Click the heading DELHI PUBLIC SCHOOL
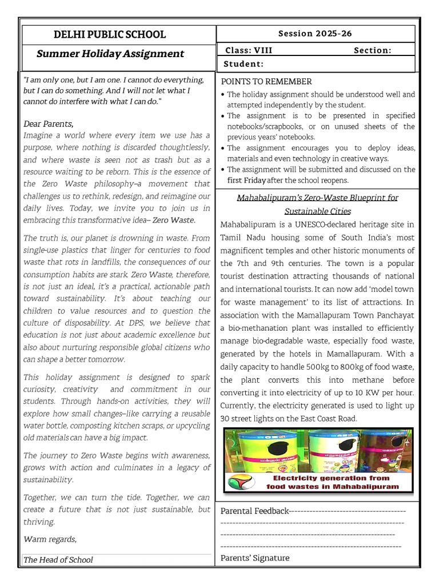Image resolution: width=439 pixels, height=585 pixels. (x=110, y=34)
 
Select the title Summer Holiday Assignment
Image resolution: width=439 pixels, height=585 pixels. (x=110, y=54)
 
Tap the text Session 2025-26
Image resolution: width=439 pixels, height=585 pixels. (x=315, y=34)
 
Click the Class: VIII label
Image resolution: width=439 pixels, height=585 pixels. (x=249, y=50)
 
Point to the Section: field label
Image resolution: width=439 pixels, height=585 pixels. (x=373, y=50)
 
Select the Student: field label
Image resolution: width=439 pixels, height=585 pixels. (x=244, y=64)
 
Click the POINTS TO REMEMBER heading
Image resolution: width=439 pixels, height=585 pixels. (x=266, y=82)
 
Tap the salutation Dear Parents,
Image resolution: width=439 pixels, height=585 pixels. (x=49, y=123)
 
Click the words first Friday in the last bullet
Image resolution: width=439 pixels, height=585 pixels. (x=246, y=180)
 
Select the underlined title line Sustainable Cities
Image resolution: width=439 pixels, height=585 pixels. (x=317, y=211)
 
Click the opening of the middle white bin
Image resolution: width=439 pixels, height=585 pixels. (x=344, y=444)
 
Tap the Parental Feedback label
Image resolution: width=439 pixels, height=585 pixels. (x=254, y=511)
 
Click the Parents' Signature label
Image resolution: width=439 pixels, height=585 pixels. (x=255, y=558)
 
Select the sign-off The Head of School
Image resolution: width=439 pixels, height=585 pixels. (x=58, y=560)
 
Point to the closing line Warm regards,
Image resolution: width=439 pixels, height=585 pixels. (x=50, y=539)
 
